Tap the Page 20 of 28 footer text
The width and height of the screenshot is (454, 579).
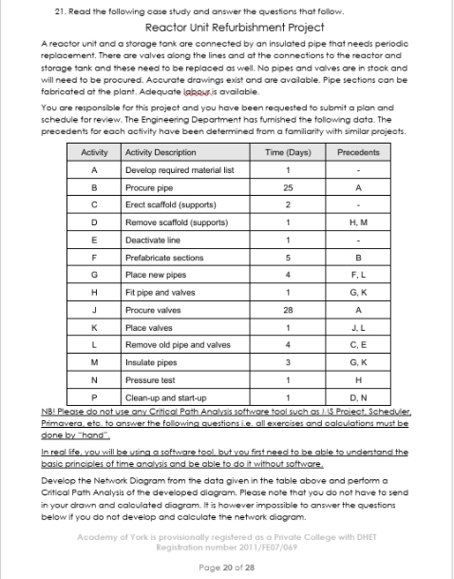(x=227, y=565)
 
